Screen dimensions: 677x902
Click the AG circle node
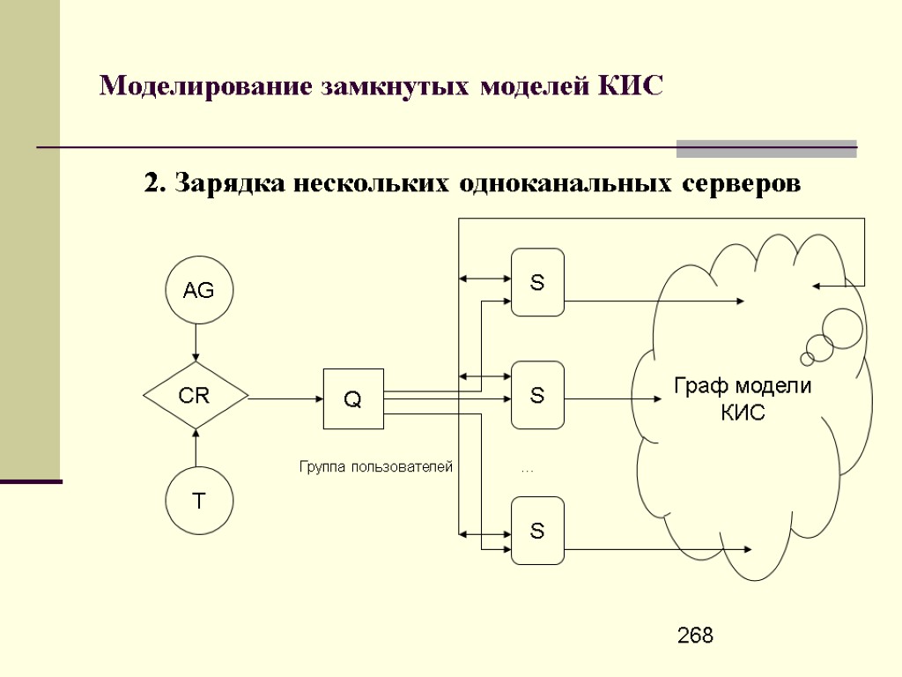[x=199, y=290]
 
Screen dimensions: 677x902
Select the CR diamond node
[x=196, y=397]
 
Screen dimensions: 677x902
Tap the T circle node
[x=199, y=501]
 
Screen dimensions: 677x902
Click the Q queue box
[x=353, y=398]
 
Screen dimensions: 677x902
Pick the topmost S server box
[x=537, y=283]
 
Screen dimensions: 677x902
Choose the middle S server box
[x=537, y=396]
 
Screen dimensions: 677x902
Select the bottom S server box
[x=537, y=531]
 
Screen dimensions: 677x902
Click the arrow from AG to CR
[x=196, y=342]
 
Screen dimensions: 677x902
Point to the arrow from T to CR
[x=196, y=448]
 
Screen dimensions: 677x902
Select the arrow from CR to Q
[x=285, y=398]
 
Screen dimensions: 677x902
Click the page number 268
[x=695, y=636]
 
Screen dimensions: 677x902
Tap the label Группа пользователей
[x=376, y=467]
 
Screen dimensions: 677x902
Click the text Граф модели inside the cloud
[x=743, y=386]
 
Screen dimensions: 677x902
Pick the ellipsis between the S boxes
[x=527, y=470]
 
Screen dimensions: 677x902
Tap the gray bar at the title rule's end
[x=766, y=148]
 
